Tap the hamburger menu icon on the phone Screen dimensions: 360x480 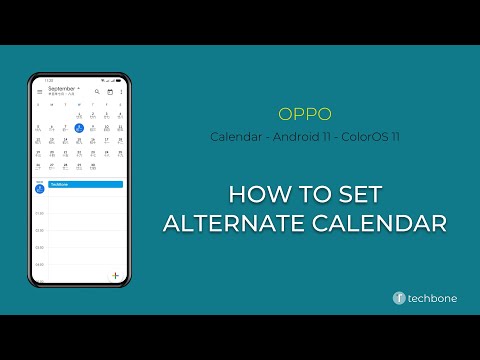click(x=39, y=91)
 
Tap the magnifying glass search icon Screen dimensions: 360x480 click(x=97, y=91)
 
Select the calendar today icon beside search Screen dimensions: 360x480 click(x=109, y=91)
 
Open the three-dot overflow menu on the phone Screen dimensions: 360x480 click(x=121, y=91)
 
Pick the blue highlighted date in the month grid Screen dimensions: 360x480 click(x=79, y=128)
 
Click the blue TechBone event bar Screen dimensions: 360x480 click(x=84, y=185)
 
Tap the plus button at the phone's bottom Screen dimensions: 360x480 click(x=116, y=273)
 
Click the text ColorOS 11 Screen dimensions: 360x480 click(x=370, y=136)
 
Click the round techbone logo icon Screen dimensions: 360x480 click(x=399, y=298)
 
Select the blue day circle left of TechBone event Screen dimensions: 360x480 click(x=39, y=187)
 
